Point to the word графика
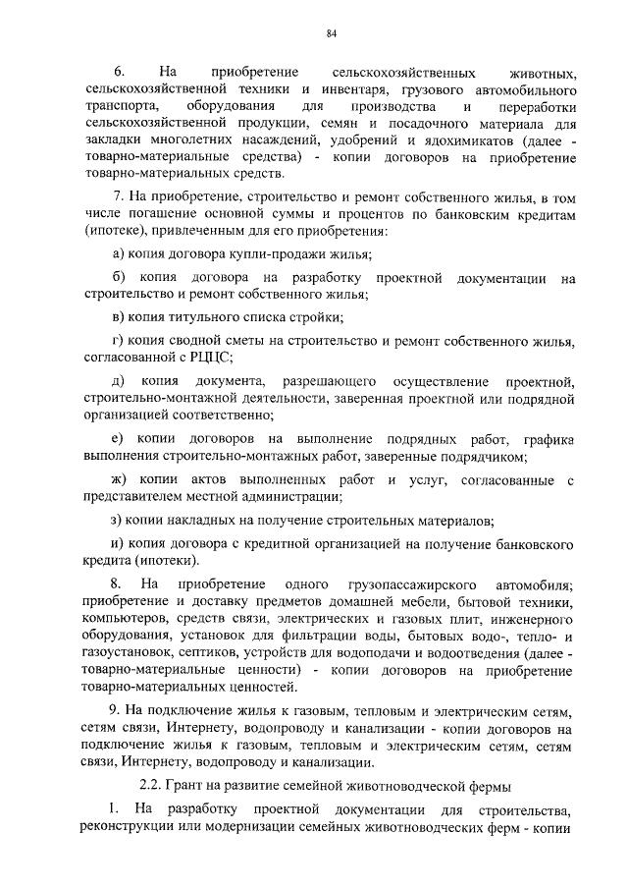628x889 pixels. point(543,438)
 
